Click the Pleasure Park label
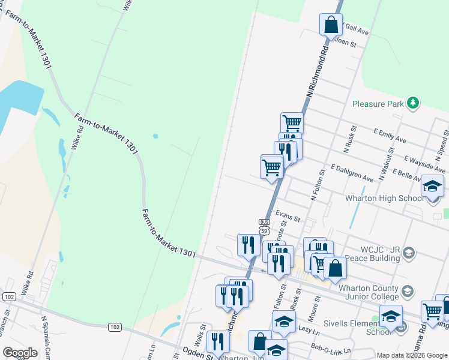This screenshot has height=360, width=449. (x=377, y=104)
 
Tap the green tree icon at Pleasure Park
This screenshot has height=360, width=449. (x=412, y=103)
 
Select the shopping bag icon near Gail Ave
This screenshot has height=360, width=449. (x=330, y=25)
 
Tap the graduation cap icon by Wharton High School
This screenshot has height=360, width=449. (x=432, y=186)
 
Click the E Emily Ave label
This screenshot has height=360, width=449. (x=390, y=136)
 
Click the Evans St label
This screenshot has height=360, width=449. (x=288, y=214)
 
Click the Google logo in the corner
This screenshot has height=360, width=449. (x=20, y=353)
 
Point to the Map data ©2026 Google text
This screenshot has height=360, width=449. (x=412, y=355)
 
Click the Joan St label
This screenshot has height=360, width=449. (x=345, y=43)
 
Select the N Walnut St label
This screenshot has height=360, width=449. (x=391, y=161)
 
